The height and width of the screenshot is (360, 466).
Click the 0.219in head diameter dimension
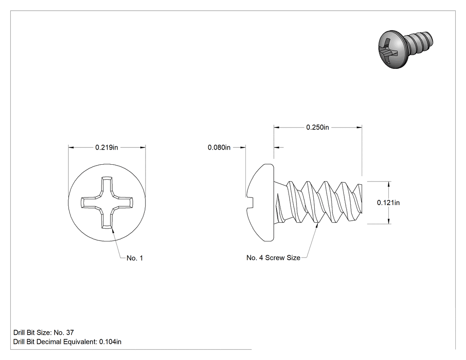(107, 147)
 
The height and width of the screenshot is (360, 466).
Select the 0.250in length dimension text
(317, 127)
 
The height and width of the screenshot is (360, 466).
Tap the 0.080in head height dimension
(219, 147)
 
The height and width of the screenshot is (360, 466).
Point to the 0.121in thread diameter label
(388, 203)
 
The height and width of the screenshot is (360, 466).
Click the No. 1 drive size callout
(134, 258)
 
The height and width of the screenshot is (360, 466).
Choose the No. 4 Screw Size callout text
(273, 258)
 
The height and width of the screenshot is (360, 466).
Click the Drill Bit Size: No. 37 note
(43, 332)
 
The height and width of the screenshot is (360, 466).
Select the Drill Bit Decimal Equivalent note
(67, 342)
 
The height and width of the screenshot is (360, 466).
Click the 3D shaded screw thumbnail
(405, 49)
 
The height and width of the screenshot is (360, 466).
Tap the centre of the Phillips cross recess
(107, 203)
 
